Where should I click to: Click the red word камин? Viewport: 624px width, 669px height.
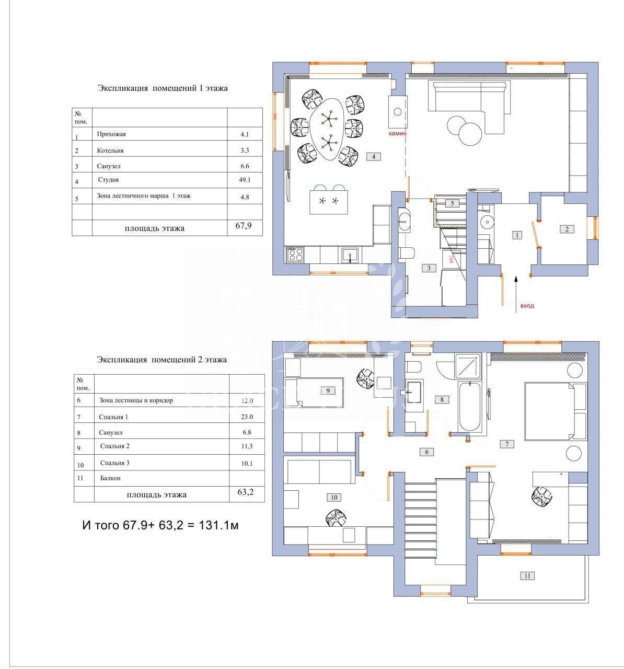tap(397, 133)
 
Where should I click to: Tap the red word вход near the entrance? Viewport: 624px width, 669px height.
tap(527, 306)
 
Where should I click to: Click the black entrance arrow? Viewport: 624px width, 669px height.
tap(516, 294)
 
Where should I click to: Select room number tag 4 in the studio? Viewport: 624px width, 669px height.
tap(373, 156)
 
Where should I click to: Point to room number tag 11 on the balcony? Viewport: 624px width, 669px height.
tap(527, 575)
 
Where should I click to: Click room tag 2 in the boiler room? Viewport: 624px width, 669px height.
tap(567, 229)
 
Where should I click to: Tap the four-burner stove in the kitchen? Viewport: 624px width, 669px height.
tap(295, 255)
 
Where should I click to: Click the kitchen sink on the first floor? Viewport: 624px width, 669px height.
tap(350, 255)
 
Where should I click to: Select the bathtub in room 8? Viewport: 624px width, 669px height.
tap(470, 406)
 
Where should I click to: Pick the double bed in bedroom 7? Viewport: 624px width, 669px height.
tap(555, 411)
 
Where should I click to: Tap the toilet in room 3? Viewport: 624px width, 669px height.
tap(406, 252)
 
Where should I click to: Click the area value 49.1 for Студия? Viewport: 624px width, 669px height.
tap(245, 180)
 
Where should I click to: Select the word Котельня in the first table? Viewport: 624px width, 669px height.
tap(110, 151)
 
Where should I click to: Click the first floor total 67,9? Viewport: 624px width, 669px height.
tap(244, 225)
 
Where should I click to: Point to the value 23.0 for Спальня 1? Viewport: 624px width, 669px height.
tap(247, 417)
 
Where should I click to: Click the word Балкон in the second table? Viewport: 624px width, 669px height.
tap(110, 478)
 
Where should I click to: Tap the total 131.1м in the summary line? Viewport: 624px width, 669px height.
tap(218, 525)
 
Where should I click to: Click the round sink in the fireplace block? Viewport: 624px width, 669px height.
tap(398, 111)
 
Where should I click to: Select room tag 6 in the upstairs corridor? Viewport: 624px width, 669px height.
tap(426, 452)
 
